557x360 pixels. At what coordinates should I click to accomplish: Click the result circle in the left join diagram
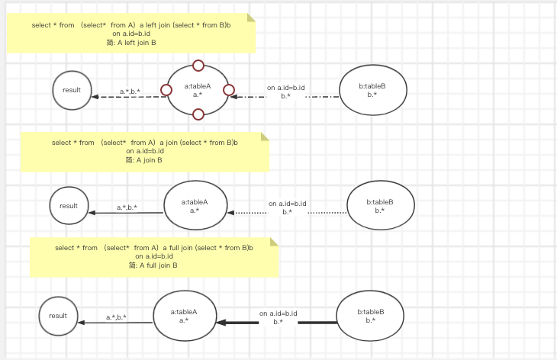click(72, 91)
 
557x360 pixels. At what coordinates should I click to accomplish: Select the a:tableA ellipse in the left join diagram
click(198, 91)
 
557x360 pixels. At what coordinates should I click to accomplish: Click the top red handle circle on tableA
click(198, 66)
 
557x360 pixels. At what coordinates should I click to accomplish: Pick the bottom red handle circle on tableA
click(198, 115)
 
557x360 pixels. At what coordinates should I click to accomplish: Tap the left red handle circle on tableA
click(166, 91)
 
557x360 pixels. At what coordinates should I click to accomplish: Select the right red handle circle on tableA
click(229, 91)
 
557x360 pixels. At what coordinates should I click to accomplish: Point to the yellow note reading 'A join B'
click(144, 152)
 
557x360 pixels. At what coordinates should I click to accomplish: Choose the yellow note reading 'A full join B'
click(154, 257)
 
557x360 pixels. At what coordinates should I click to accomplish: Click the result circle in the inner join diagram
click(69, 206)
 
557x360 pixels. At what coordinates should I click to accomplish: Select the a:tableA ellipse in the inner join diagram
click(195, 206)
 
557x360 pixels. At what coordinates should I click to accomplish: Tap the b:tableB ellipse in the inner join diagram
click(380, 206)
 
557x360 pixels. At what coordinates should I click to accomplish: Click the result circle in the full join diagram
click(58, 316)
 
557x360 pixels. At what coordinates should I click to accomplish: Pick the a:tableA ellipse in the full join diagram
click(184, 316)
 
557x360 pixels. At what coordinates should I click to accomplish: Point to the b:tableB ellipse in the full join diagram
click(370, 317)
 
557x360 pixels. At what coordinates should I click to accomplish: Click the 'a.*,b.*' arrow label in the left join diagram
click(130, 92)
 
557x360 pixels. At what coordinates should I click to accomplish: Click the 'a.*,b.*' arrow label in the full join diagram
click(116, 317)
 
